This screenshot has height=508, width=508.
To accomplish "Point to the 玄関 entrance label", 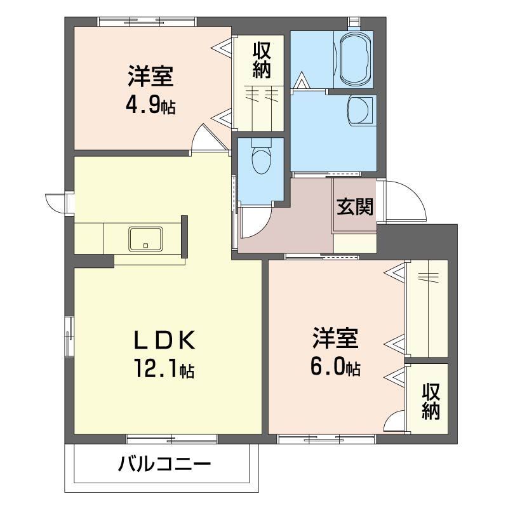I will click(354, 207).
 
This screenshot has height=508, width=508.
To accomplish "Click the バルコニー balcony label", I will click(164, 465).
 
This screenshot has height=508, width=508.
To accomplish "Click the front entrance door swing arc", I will click(404, 199).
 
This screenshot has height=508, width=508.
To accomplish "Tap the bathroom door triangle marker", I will click(302, 81).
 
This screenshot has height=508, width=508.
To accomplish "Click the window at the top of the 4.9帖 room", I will click(147, 22).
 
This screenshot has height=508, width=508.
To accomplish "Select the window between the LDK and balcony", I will click(171, 439).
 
